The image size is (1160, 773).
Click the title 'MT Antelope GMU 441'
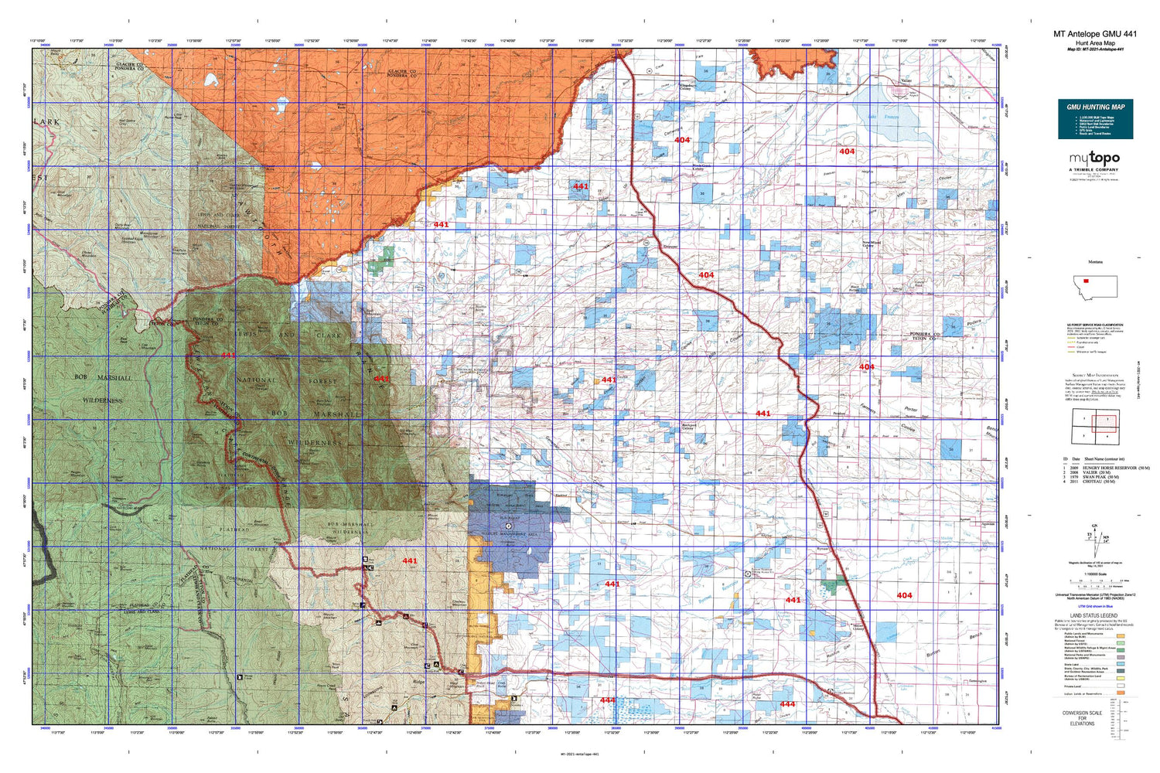point(1095,34)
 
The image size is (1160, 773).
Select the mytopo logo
point(1094,158)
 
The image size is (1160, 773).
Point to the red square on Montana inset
point(1087,281)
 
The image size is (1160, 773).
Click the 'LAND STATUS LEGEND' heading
point(1093,616)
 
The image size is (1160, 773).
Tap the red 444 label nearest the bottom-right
point(787,704)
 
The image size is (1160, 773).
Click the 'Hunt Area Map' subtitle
point(1095,43)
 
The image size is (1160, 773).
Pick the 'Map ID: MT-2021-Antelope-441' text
point(1095,49)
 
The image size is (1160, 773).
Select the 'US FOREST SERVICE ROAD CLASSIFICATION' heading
point(1095,325)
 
